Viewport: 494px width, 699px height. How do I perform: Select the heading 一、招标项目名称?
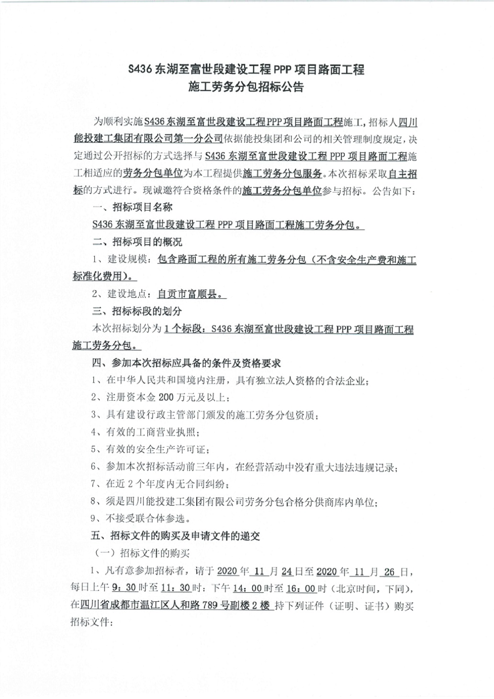click(132, 208)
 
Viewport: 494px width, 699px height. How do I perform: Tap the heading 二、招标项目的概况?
click(137, 242)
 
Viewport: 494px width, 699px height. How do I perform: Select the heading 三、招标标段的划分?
click(137, 312)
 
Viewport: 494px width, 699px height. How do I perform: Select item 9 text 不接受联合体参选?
click(148, 519)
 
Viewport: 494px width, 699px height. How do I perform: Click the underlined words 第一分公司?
click(199, 139)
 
